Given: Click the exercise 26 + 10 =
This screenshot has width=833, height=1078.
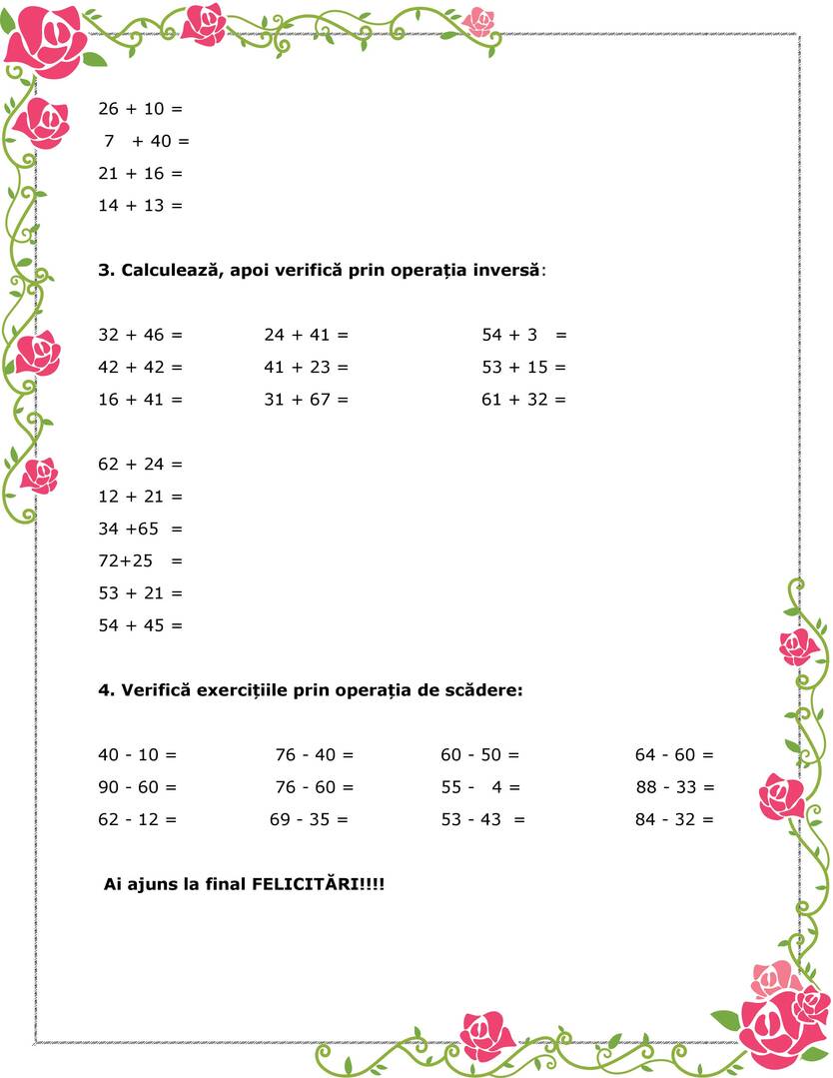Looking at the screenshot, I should point(141,109).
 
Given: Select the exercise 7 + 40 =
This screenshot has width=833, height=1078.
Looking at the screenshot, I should point(146,141).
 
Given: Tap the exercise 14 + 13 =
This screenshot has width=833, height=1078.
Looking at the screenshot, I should point(141,206).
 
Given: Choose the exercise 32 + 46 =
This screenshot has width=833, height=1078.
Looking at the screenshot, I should point(141,335).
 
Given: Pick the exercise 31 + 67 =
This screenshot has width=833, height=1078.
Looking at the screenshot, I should point(307,400).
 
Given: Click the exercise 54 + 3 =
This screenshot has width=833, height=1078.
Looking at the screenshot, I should point(524,335).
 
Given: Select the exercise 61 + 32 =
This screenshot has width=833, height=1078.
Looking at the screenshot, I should point(523,400).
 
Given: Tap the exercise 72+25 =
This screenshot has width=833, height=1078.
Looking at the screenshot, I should point(141,560).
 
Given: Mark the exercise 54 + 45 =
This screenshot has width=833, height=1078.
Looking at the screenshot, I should point(141,625).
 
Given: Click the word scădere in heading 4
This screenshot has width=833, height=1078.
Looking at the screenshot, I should point(486,690).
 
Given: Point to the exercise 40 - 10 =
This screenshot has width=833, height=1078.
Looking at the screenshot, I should point(138,755).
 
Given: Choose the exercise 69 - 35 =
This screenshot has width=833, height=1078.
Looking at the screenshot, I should point(310,820).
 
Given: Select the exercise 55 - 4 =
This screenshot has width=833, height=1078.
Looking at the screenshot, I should point(481,787).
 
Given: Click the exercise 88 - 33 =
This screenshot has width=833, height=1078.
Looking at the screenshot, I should point(675,787).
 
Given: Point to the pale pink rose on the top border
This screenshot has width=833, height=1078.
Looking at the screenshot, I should point(479,21).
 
